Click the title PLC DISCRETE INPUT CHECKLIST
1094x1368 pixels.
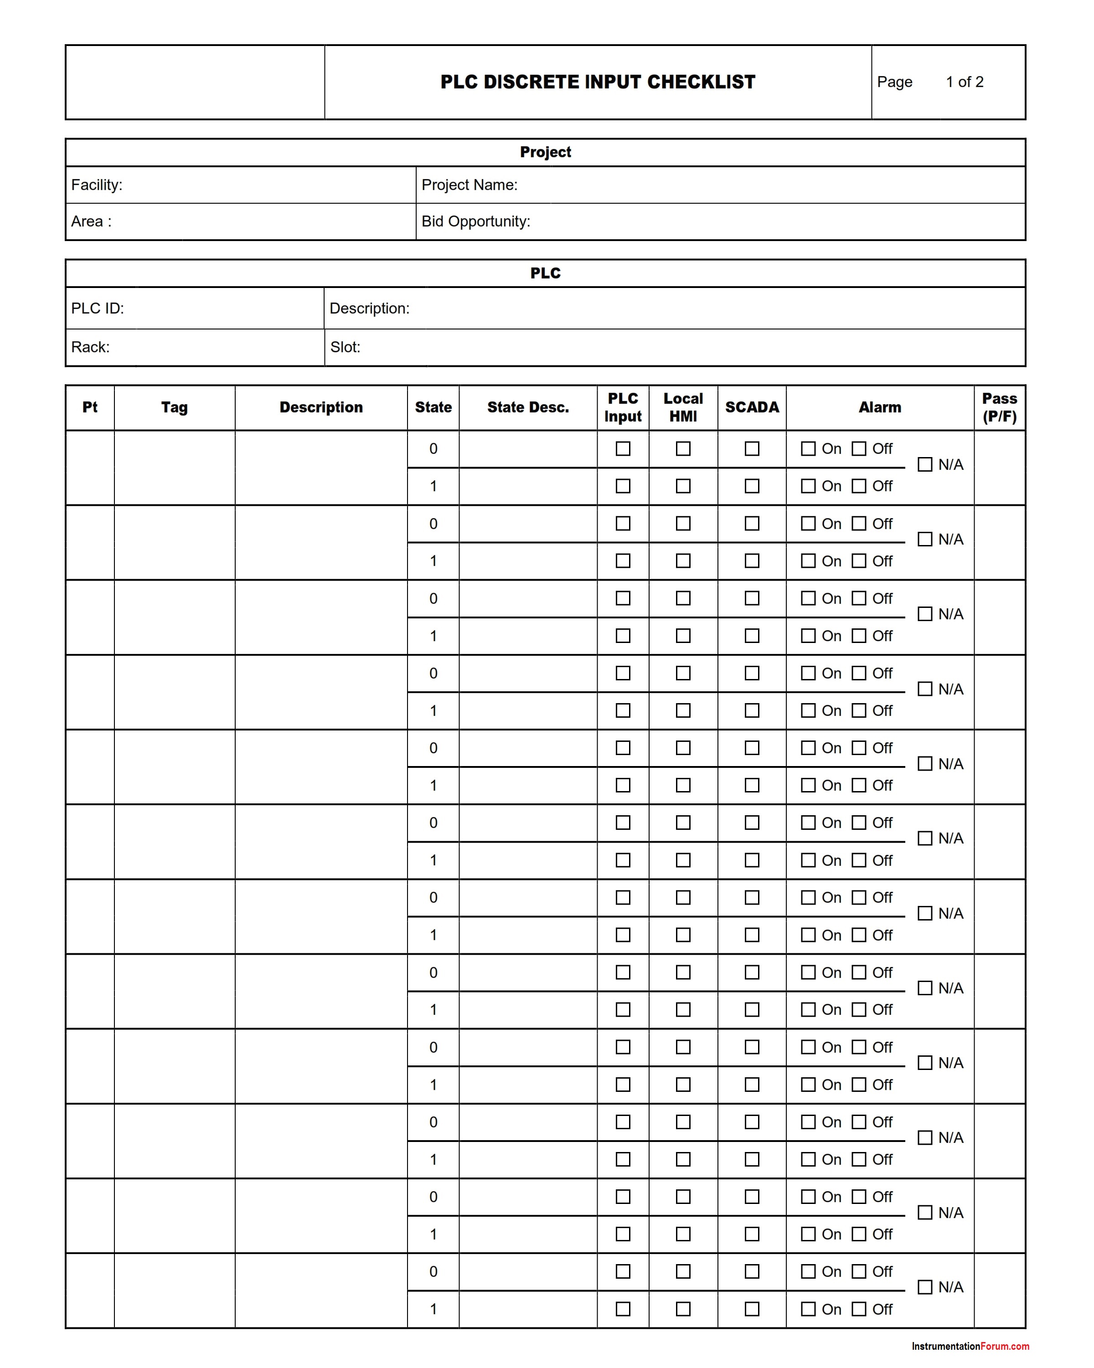(597, 82)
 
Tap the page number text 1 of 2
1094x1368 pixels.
(964, 82)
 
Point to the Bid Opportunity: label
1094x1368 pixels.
(475, 221)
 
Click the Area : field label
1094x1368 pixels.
(91, 221)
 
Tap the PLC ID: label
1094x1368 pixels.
(97, 309)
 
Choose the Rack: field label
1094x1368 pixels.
(90, 347)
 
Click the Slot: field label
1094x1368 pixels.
(345, 347)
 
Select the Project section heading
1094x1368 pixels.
(545, 152)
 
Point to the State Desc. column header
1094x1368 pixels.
(527, 407)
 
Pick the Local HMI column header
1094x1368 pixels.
(683, 407)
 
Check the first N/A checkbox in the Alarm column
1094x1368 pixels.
(924, 464)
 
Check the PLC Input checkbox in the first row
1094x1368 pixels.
(623, 448)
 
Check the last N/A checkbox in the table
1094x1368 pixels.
(924, 1287)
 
